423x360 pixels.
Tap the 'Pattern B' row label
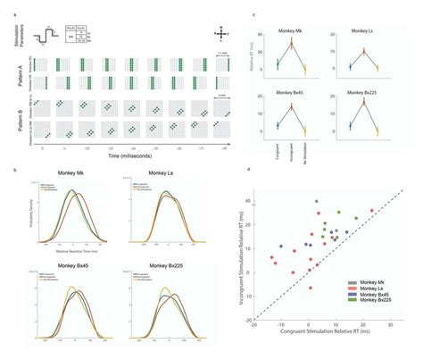(x=9, y=115)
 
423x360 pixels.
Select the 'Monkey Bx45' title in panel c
(x=290, y=95)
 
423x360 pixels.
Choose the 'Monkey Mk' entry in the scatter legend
(x=367, y=281)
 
